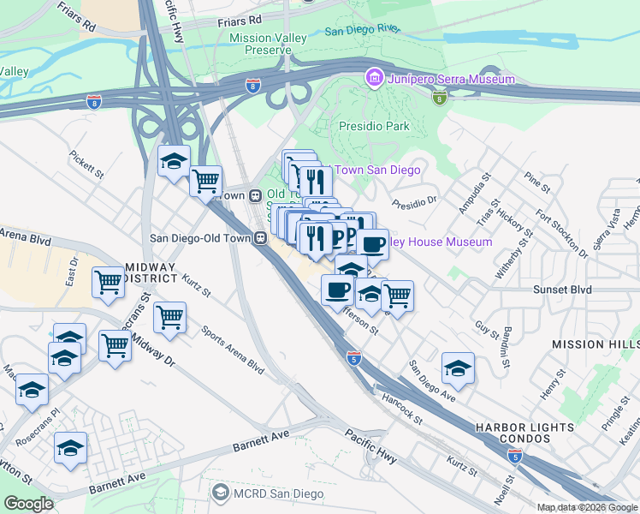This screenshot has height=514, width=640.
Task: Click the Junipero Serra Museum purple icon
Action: [373, 79]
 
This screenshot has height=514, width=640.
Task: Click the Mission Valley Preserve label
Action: [261, 45]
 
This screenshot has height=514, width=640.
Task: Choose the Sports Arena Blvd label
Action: [232, 350]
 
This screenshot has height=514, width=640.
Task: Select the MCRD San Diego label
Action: [278, 493]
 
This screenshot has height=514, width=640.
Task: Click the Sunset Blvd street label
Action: [564, 290]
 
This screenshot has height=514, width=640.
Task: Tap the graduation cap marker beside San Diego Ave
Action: [458, 369]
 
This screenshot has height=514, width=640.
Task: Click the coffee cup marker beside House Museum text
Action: [372, 245]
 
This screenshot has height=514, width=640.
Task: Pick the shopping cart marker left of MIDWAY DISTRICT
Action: [109, 282]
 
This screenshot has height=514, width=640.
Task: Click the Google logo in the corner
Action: [29, 504]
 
